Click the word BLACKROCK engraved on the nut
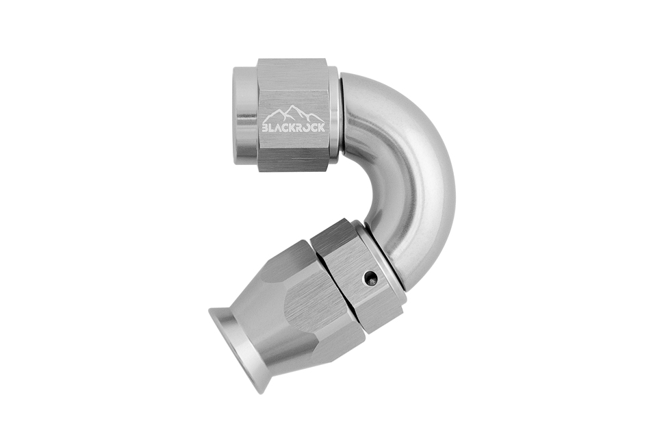pos(294,127)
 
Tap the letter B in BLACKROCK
pos(266,128)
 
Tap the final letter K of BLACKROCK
pos(322,127)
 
